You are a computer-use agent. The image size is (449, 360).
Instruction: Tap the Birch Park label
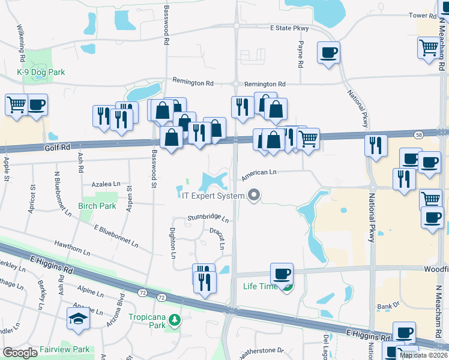(x=97, y=206)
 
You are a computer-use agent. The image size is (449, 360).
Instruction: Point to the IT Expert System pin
(x=254, y=195)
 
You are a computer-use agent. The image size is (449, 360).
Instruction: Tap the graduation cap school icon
(x=78, y=318)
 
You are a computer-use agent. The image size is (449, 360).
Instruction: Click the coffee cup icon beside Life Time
(x=282, y=274)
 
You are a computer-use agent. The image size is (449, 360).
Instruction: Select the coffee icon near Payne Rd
(x=328, y=52)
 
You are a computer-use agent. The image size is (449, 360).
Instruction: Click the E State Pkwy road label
(x=290, y=28)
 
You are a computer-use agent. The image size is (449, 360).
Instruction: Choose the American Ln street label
(x=259, y=173)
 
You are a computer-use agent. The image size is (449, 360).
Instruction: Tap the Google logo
(x=20, y=353)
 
